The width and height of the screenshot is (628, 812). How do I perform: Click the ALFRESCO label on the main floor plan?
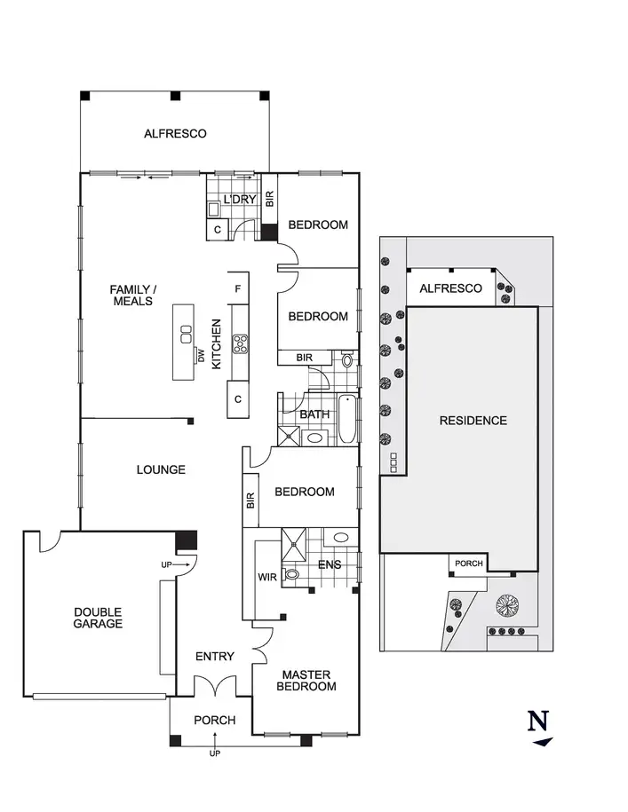(175, 134)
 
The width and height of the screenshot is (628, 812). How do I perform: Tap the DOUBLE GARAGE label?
(98, 618)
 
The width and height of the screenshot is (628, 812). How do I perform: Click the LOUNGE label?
(161, 469)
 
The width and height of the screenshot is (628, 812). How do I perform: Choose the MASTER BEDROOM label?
(306, 680)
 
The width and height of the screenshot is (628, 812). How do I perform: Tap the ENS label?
(328, 564)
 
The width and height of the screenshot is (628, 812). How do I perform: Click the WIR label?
(267, 577)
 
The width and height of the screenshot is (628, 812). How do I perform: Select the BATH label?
(314, 414)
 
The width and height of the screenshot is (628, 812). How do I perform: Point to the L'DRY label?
(239, 200)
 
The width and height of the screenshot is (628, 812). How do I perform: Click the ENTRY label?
(215, 657)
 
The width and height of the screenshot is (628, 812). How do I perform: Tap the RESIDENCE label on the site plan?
(473, 421)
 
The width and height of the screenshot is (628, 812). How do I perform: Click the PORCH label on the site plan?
(468, 564)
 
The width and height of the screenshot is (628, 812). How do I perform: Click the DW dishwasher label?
(202, 357)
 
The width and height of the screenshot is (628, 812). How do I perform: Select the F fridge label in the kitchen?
(237, 288)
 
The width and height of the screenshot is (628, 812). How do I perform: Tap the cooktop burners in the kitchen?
(240, 343)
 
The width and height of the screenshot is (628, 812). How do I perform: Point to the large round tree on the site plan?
(507, 606)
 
